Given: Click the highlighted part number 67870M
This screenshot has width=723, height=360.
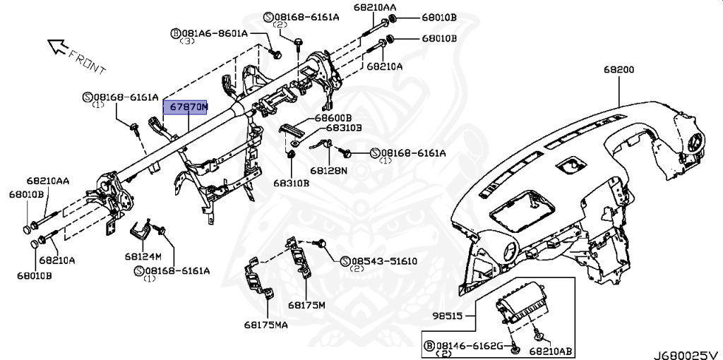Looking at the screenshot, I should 186,107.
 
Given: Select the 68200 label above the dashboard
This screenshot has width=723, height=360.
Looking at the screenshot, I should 619,70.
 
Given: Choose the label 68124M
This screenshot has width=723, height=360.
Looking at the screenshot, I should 144,255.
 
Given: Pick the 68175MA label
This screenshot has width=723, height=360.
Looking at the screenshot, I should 266,325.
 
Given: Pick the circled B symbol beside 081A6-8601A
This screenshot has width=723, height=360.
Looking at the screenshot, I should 175,33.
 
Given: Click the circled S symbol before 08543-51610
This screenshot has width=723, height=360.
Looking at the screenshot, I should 345,260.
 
